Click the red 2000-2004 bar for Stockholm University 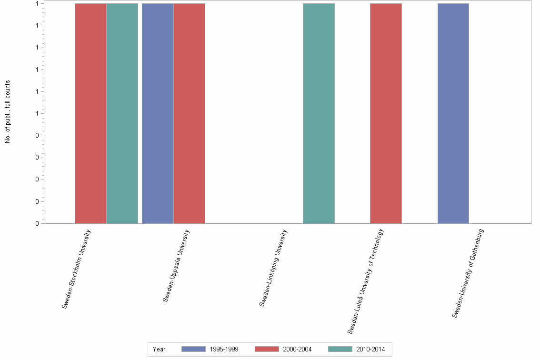pos(90,113)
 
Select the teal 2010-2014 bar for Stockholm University pos(122,113)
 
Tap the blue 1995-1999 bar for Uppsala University pos(158,113)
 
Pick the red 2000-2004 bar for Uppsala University pos(189,113)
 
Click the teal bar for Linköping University pos(319,113)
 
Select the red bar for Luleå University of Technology pos(386,113)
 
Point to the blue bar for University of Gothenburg pos(453,113)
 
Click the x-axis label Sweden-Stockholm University pos(77,269)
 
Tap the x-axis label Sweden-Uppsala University pos(176,266)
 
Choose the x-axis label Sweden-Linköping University pos(273,268)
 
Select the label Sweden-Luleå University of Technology pos(366,281)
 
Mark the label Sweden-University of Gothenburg pos(468,273)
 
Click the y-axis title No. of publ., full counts pos(8,112)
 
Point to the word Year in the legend pos(159,350)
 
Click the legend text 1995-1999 pos(224,350)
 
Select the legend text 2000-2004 pos(297,350)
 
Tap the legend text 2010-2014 pos(370,350)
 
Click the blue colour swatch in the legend pos(193,350)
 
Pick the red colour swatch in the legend pos(267,350)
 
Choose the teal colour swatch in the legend pos(340,350)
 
